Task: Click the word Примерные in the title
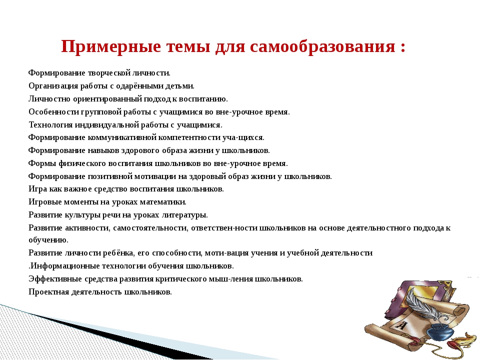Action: pyautogui.click(x=111, y=47)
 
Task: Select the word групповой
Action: pyautogui.click(x=101, y=112)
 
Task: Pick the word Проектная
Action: pyautogui.click(x=48, y=292)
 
